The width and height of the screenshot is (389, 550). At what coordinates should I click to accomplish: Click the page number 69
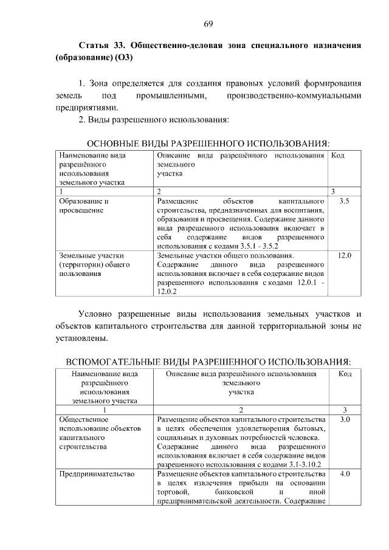click(x=208, y=24)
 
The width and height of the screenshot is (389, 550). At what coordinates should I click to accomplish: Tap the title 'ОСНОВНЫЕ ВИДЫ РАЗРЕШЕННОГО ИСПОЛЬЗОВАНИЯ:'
click(x=208, y=143)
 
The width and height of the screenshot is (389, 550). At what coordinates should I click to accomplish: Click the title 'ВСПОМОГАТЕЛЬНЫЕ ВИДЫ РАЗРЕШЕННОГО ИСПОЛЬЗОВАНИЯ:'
click(x=208, y=362)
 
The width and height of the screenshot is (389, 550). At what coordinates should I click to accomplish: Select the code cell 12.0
click(x=344, y=255)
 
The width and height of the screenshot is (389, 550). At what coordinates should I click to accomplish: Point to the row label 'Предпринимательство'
click(x=94, y=473)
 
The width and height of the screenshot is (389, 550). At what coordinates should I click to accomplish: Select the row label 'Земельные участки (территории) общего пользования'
click(x=86, y=264)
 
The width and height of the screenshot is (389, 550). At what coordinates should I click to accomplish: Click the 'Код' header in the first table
click(x=339, y=156)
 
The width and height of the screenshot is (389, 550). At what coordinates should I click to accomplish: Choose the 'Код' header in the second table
click(x=344, y=373)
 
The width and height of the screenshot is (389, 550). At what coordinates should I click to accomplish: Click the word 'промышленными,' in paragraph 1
click(x=171, y=96)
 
